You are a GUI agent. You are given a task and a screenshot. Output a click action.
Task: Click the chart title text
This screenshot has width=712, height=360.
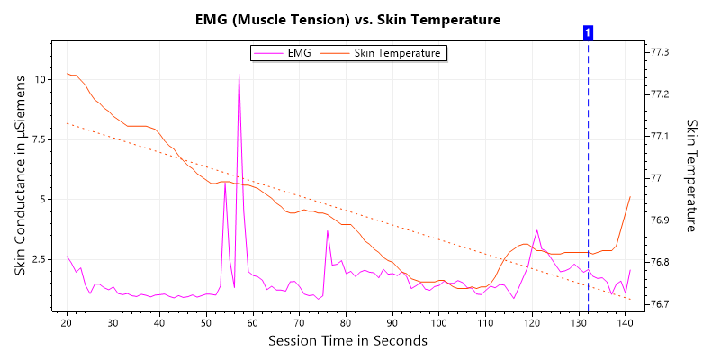pyautogui.click(x=347, y=19)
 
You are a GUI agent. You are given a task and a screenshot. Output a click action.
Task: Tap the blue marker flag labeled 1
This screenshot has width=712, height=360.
pyautogui.click(x=588, y=32)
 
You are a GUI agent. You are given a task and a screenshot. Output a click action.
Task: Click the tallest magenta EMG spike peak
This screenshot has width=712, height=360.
pyautogui.click(x=239, y=74)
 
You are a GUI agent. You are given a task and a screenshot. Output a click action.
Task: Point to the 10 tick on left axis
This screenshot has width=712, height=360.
pyautogui.click(x=38, y=79)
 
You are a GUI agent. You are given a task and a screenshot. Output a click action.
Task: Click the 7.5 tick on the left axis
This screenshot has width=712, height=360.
pyautogui.click(x=35, y=139)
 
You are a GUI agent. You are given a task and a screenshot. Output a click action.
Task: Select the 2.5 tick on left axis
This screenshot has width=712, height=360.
pyautogui.click(x=35, y=259)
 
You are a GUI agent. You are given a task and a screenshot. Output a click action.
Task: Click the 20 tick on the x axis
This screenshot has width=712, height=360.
pyautogui.click(x=67, y=322)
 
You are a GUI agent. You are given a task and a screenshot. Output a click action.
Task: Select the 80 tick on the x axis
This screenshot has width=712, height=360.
pyautogui.click(x=346, y=322)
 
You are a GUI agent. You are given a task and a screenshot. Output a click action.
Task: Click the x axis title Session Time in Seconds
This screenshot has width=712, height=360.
pyautogui.click(x=347, y=341)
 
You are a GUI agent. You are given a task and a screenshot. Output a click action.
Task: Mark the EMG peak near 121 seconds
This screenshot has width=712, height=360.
pyautogui.click(x=537, y=230)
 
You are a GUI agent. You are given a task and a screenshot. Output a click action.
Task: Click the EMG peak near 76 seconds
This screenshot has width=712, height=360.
pyautogui.click(x=328, y=231)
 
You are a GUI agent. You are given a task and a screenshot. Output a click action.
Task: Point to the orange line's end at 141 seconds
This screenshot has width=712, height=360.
pyautogui.click(x=630, y=196)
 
